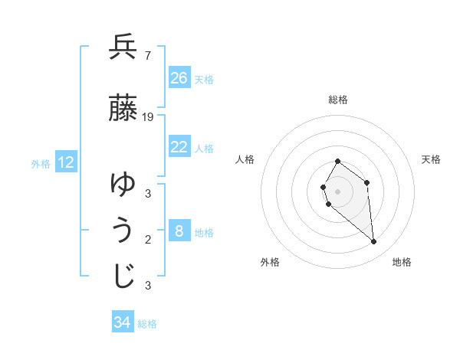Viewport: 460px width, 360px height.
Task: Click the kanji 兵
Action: [123, 48]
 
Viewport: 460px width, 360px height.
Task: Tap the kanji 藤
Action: [123, 108]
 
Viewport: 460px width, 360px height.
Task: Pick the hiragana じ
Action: [123, 277]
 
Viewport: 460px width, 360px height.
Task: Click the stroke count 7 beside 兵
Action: [147, 55]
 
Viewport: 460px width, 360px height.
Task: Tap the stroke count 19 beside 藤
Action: [148, 116]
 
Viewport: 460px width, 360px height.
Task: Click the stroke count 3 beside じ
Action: [148, 286]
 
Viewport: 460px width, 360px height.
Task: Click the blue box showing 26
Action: [179, 77]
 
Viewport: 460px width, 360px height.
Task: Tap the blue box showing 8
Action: [179, 231]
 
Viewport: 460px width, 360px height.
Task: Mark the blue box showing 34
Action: [123, 322]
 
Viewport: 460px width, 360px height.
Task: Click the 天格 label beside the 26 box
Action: [204, 79]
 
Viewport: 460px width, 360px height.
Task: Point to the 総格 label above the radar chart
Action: [338, 100]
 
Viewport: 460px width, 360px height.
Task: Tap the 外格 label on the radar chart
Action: [270, 262]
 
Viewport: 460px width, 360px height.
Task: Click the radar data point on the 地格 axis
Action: [374, 242]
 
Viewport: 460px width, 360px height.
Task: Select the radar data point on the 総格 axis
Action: [337, 162]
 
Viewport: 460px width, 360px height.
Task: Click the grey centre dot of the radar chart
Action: [337, 191]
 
